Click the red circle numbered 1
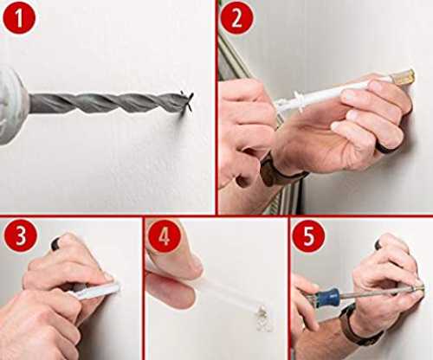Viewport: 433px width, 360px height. point(19,18)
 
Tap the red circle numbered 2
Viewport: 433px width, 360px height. point(236,18)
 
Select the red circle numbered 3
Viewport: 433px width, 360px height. point(21,236)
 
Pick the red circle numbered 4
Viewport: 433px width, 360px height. point(165,237)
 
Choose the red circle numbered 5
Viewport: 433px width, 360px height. point(308,237)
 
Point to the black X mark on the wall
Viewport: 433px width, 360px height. point(187,101)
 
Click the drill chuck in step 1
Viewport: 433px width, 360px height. point(13,106)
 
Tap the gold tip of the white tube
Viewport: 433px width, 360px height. point(405,77)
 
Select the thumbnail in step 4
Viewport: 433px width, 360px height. point(198,263)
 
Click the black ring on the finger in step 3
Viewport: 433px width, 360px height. point(56,244)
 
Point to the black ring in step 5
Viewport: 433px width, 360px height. point(378,245)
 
